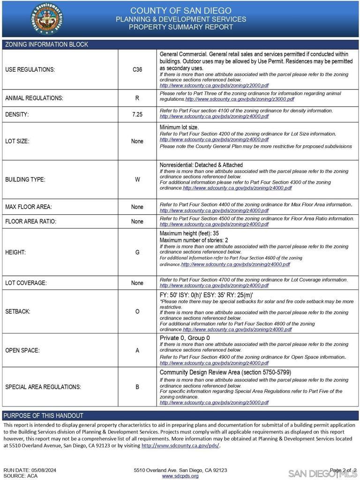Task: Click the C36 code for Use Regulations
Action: click(x=137, y=69)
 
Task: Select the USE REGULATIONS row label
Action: click(x=30, y=69)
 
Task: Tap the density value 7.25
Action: click(x=137, y=114)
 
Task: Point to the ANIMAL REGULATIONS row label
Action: click(x=34, y=98)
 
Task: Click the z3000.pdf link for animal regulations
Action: click(x=240, y=99)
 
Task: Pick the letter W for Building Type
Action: click(x=137, y=180)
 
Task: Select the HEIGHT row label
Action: click(x=15, y=252)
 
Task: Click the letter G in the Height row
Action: click(x=137, y=252)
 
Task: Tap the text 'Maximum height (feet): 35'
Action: click(x=189, y=233)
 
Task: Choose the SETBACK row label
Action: click(x=18, y=311)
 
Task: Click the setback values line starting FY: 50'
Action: click(x=206, y=295)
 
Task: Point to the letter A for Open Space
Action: click(x=137, y=350)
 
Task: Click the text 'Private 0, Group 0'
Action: click(x=185, y=338)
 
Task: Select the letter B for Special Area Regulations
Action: click(x=137, y=387)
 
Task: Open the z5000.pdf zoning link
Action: click(x=214, y=402)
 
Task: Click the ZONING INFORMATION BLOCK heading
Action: click(x=46, y=45)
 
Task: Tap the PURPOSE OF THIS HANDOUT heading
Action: click(x=44, y=415)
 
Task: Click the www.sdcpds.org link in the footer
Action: click(x=180, y=476)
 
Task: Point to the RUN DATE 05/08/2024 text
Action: click(x=30, y=470)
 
